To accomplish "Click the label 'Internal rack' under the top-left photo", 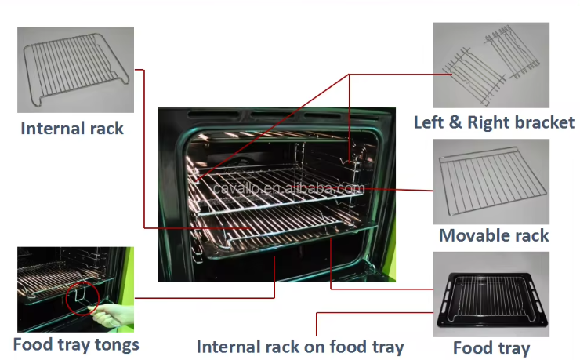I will (x=72, y=128).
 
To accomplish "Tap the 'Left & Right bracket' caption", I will (x=494, y=122).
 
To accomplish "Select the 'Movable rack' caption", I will (x=493, y=235).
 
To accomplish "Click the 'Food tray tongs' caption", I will (x=76, y=344).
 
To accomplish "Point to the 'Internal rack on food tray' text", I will (x=300, y=347).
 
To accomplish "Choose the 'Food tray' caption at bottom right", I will (x=491, y=348).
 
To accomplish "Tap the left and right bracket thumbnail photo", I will (x=491, y=65).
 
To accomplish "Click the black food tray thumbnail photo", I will (x=491, y=295).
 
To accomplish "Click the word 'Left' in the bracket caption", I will (x=430, y=122).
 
